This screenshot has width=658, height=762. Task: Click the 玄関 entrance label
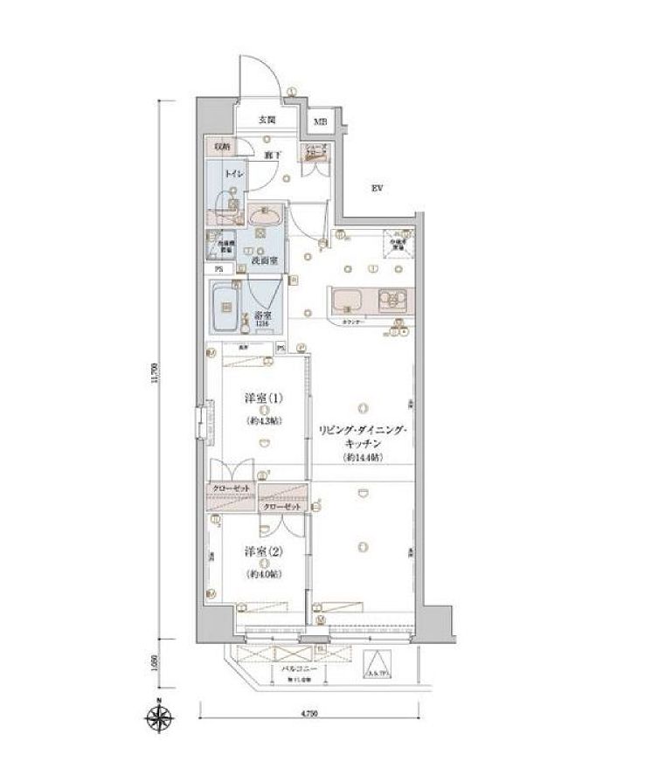(267, 119)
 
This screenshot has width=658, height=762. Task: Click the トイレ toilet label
(234, 175)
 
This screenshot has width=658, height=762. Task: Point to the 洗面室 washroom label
(264, 260)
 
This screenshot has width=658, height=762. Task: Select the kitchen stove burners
(394, 301)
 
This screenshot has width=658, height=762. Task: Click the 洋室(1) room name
(262, 401)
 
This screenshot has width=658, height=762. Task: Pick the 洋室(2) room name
(261, 552)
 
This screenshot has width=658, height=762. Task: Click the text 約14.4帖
(362, 458)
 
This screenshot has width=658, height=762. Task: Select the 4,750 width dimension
(308, 714)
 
